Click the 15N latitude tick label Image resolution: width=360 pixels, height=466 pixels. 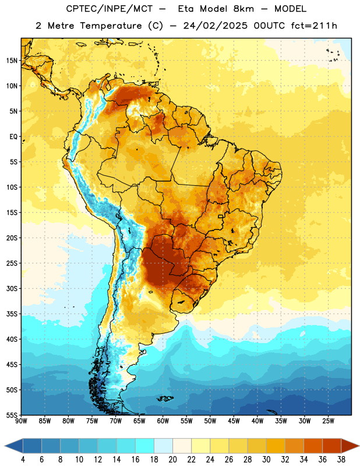pyautogui.click(x=12, y=61)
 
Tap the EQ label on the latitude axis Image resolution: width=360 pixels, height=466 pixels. pyautogui.click(x=13, y=137)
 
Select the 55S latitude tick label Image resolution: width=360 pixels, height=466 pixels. pyautogui.click(x=12, y=415)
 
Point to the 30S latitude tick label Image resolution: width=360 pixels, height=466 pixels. pyautogui.click(x=12, y=288)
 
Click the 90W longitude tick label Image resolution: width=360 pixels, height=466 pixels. pyautogui.click(x=21, y=421)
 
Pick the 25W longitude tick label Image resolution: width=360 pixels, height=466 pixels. pyautogui.click(x=328, y=421)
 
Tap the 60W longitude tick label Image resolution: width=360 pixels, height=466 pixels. pyautogui.click(x=163, y=421)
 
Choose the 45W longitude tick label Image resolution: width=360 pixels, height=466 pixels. pyautogui.click(x=234, y=421)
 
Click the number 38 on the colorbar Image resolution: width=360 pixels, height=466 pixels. pyautogui.click(x=341, y=460)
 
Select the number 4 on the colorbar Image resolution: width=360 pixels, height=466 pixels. pyautogui.click(x=23, y=460)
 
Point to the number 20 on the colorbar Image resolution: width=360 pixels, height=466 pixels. pyautogui.click(x=172, y=460)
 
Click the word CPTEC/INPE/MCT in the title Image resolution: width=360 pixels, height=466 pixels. pyautogui.click(x=109, y=9)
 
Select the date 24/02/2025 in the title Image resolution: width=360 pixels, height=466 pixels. pyautogui.click(x=215, y=26)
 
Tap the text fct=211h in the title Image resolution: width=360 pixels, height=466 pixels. pyautogui.click(x=314, y=26)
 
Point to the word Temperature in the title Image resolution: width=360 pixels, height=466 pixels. pyautogui.click(x=111, y=26)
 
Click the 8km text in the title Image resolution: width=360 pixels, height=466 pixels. pyautogui.click(x=243, y=9)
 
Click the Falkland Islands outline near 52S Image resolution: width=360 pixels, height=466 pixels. pyautogui.click(x=164, y=398)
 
